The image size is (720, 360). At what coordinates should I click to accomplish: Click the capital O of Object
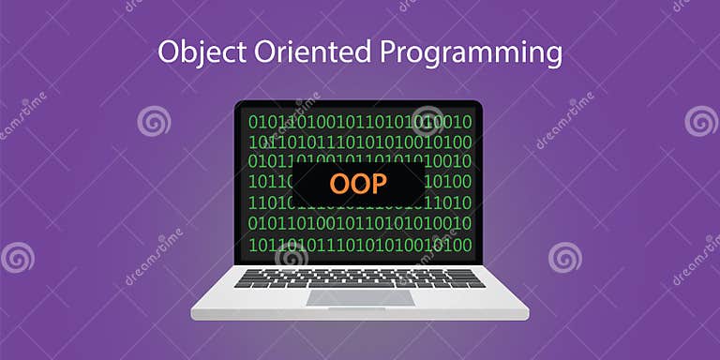[x=169, y=52]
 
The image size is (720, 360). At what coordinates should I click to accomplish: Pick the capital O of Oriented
[x=250, y=52]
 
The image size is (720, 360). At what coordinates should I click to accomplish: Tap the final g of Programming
[x=553, y=56]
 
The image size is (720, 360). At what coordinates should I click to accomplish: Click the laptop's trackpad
[x=360, y=297]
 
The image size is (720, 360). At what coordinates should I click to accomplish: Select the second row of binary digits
[x=360, y=142]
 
